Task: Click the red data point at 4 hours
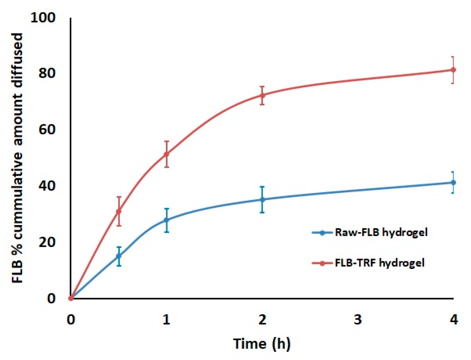coord(453,70)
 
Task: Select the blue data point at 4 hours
coord(453,182)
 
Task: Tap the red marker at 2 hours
coord(262,95)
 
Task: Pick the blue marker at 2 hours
coord(262,200)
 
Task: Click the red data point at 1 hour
coord(166,154)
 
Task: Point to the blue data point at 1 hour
coord(166,220)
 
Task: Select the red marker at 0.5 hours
coord(119,211)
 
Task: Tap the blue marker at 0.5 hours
coord(119,256)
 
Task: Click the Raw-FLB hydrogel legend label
coord(381,232)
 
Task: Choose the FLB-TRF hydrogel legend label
coord(380,263)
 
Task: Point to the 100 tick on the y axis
coord(43,18)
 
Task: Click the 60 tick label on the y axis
coord(47,129)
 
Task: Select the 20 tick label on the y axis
coord(47,242)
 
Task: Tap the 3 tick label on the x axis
coord(358,320)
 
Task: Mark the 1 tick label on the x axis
coord(166,320)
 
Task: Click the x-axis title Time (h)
coord(262,344)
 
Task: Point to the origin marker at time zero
coord(71,298)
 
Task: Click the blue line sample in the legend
coord(322,233)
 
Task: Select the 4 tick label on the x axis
coord(454,320)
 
